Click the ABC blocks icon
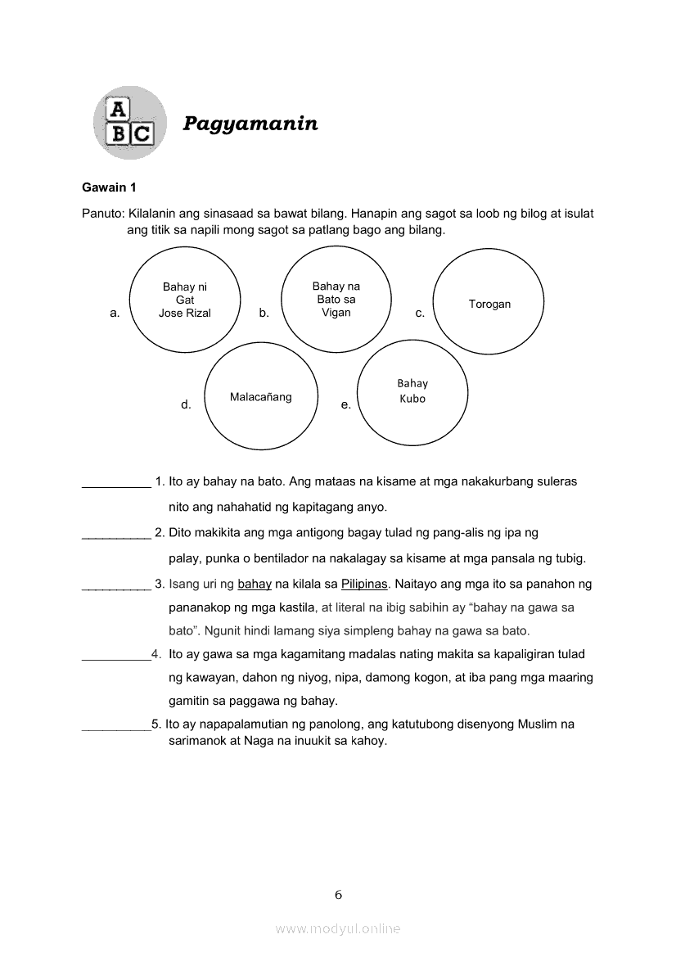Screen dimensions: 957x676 tap(130, 123)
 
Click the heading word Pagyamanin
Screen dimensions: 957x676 tap(250, 124)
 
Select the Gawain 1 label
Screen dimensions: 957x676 tap(109, 187)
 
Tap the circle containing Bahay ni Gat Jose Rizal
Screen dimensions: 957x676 tap(185, 300)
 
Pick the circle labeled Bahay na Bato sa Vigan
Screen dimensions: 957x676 tap(336, 299)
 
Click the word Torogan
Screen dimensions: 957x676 tap(489, 304)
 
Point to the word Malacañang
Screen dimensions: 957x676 tap(260, 397)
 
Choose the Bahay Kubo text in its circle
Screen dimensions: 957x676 tap(412, 391)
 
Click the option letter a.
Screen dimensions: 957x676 tap(115, 313)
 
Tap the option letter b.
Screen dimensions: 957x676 tap(264, 313)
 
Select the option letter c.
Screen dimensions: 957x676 tap(420, 313)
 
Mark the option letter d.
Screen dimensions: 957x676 tap(186, 404)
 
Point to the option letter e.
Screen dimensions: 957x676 tap(345, 404)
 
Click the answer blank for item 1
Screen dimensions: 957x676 tap(116, 485)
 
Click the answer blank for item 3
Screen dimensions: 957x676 tap(116, 588)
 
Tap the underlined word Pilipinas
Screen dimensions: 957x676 tap(364, 585)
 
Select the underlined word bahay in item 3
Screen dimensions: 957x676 tap(255, 585)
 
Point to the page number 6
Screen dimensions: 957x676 tap(338, 895)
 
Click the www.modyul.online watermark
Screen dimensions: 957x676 tap(338, 929)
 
